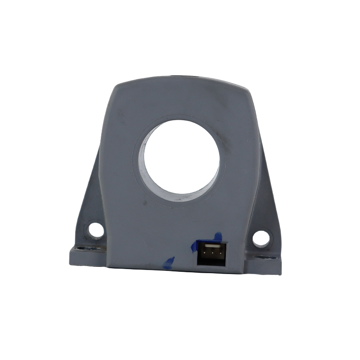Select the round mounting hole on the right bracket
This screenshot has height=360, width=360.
pyautogui.click(x=261, y=238)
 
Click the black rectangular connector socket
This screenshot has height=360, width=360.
pyautogui.click(x=211, y=254)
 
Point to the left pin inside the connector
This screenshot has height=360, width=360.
pyautogui.click(x=204, y=253)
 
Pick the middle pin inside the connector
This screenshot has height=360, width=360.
pyautogui.click(x=211, y=253)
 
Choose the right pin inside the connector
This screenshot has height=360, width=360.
pyautogui.click(x=218, y=254)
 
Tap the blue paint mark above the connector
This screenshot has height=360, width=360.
pyautogui.click(x=217, y=237)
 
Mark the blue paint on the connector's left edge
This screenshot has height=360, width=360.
pyautogui.click(x=194, y=247)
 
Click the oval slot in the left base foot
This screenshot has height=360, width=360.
pyautogui.click(x=82, y=248)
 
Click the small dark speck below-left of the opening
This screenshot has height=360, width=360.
pyautogui.click(x=144, y=203)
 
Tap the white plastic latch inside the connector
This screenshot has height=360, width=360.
pyautogui.click(x=211, y=247)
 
